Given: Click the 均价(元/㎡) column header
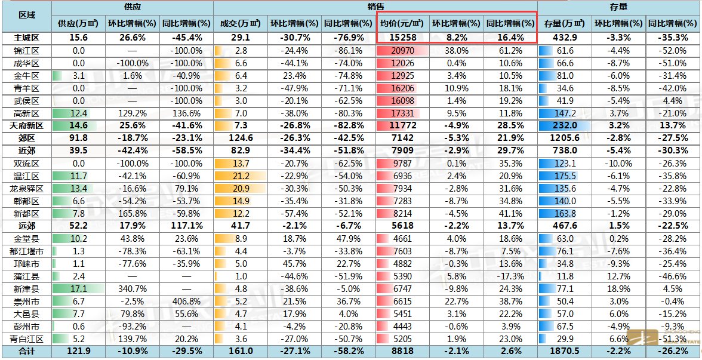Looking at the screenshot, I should [x=402, y=24].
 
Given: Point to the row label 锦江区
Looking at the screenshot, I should [x=26, y=51].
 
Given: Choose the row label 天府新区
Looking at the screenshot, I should [x=26, y=125].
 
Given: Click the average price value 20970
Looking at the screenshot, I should [x=403, y=51].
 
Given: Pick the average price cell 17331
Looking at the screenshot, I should [x=403, y=113].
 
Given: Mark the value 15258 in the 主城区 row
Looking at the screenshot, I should [x=403, y=38].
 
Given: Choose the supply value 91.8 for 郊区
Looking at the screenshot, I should [x=78, y=138].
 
